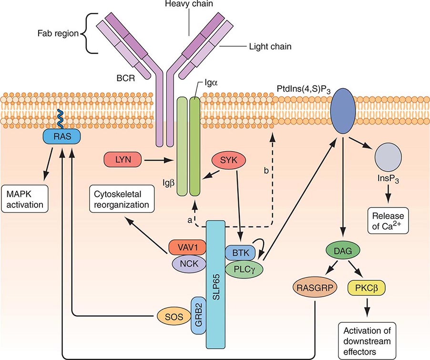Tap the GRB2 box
198,315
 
